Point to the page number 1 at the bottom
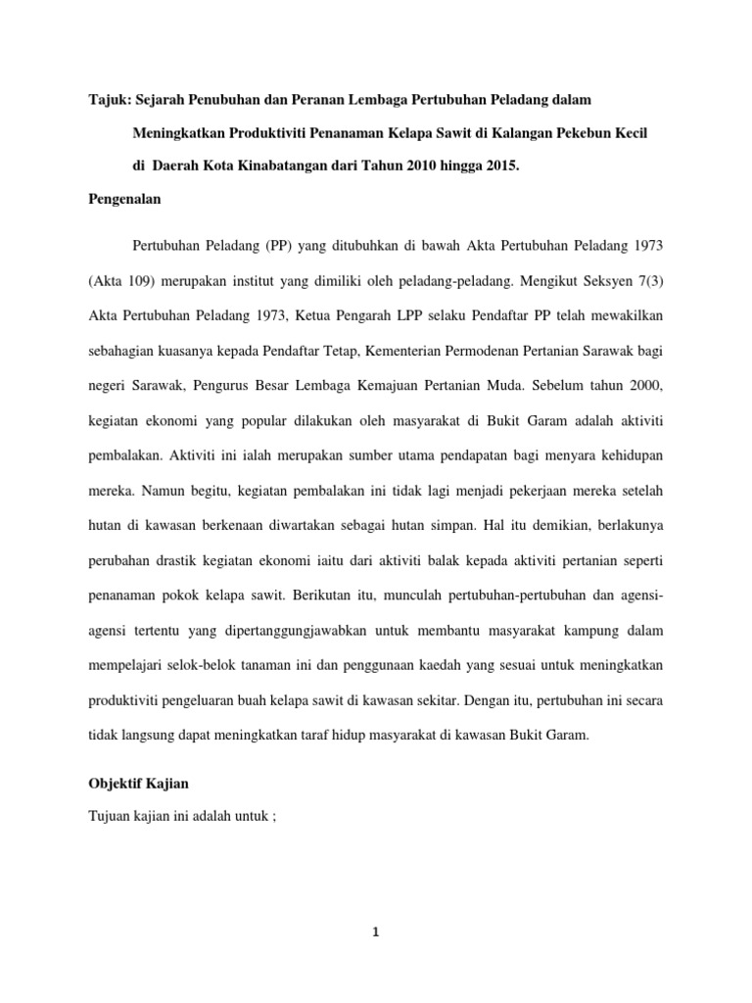[x=375, y=933]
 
